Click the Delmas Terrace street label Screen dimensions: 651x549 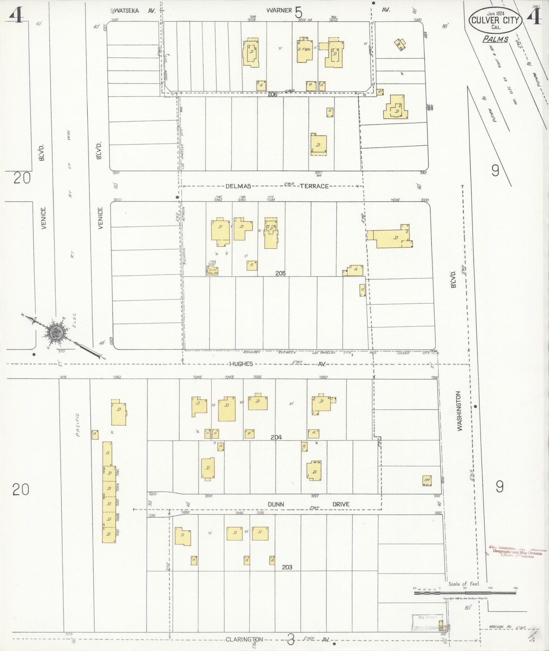pyautogui.click(x=277, y=186)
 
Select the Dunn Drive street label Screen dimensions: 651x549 pyautogui.click(x=308, y=504)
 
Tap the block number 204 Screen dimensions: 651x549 pyautogui.click(x=276, y=437)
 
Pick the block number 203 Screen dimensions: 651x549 pyautogui.click(x=287, y=567)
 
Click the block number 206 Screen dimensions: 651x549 pyautogui.click(x=272, y=94)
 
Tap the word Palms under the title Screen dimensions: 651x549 pyautogui.click(x=495, y=39)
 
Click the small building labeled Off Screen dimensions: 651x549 pyautogui.click(x=427, y=480)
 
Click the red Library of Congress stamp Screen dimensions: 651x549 pyautogui.click(x=517, y=552)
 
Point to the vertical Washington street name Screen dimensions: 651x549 pyautogui.click(x=460, y=411)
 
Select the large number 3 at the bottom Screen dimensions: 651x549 pyautogui.click(x=291, y=640)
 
